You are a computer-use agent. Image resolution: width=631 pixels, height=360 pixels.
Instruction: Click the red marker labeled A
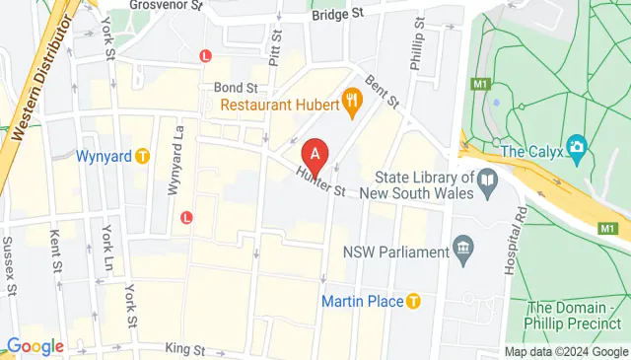click(x=315, y=155)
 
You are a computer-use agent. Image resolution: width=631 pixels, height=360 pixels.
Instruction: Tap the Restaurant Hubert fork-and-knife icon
click(x=349, y=100)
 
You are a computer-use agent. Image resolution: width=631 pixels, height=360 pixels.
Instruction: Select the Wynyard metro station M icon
click(x=143, y=156)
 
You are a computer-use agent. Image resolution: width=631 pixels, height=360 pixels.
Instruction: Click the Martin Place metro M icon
click(x=414, y=300)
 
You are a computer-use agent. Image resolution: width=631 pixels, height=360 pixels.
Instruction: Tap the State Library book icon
click(x=486, y=179)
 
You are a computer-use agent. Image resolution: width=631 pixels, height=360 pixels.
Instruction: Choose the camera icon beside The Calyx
click(x=577, y=150)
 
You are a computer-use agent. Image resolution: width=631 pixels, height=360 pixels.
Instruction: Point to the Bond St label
click(x=236, y=88)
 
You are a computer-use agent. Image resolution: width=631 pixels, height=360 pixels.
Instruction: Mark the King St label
click(x=185, y=349)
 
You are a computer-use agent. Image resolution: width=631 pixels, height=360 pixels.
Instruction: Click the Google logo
click(x=35, y=346)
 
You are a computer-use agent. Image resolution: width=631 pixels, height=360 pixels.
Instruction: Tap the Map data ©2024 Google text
click(x=566, y=352)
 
